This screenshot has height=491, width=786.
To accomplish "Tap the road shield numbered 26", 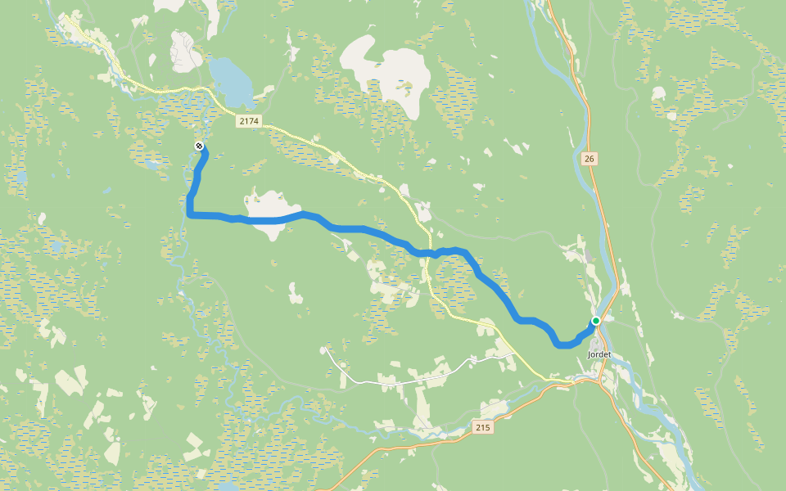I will pyautogui.click(x=589, y=159).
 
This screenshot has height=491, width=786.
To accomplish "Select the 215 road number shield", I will pyautogui.click(x=483, y=427).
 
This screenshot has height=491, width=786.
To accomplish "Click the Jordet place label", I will pyautogui.click(x=600, y=354).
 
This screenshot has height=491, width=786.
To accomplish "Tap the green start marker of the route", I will pyautogui.click(x=596, y=320).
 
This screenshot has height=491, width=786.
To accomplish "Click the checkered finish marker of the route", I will pyautogui.click(x=199, y=146).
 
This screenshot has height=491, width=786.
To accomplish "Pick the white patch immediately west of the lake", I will pyautogui.click(x=186, y=51).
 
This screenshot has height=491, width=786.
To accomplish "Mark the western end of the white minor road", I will pyautogui.click(x=327, y=349).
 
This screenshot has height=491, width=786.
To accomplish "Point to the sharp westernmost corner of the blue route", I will pyautogui.click(x=190, y=215).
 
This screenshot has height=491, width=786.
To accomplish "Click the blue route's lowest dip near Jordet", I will pyautogui.click(x=562, y=345).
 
